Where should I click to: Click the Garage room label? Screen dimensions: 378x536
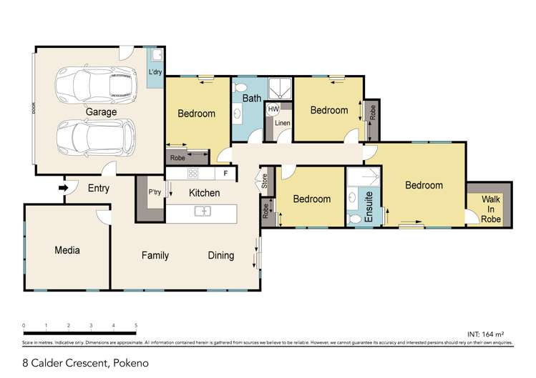coord(102,112)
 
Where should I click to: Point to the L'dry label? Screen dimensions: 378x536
coord(155,73)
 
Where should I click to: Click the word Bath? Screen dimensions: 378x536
coord(251,98)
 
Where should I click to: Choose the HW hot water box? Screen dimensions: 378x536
coord(273,109)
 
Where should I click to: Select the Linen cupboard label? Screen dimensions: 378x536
coord(282,123)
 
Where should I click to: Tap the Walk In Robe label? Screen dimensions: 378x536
coord(490,209)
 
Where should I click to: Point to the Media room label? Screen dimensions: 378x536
coord(67,250)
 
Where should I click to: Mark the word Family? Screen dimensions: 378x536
coord(155,255)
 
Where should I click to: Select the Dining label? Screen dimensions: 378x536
coord(220,255)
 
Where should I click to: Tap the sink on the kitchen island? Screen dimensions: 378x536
coord(203,211)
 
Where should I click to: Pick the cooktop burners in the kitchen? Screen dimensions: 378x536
coord(193,173)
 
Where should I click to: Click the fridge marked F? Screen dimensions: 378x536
coord(225,173)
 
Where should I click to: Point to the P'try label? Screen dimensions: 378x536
coord(153,192)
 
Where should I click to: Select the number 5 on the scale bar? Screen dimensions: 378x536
coord(136,325)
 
